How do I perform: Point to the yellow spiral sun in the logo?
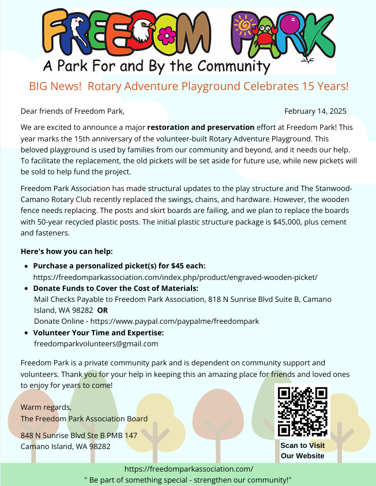(x=243, y=25)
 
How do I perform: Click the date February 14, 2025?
(x=315, y=111)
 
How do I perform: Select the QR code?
(x=303, y=411)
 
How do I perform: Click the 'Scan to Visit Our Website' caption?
(x=302, y=451)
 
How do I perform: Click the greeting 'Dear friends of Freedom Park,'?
(x=73, y=111)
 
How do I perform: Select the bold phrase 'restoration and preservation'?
(x=201, y=127)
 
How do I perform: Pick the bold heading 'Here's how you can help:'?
(x=67, y=252)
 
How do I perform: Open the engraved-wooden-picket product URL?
(x=175, y=277)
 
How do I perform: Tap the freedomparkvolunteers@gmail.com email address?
(x=96, y=343)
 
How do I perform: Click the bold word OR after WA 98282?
(x=103, y=310)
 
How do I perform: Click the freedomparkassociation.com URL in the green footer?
(x=188, y=470)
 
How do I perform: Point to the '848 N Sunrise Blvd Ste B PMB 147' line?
(x=79, y=435)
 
